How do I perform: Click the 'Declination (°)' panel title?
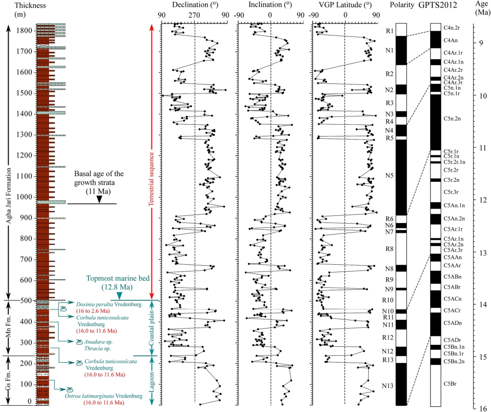[194, 6]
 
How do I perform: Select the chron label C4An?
[450, 40]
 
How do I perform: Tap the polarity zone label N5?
[389, 176]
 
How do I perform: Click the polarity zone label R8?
[389, 249]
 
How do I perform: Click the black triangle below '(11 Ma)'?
[99, 200]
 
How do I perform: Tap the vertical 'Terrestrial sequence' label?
[152, 179]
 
